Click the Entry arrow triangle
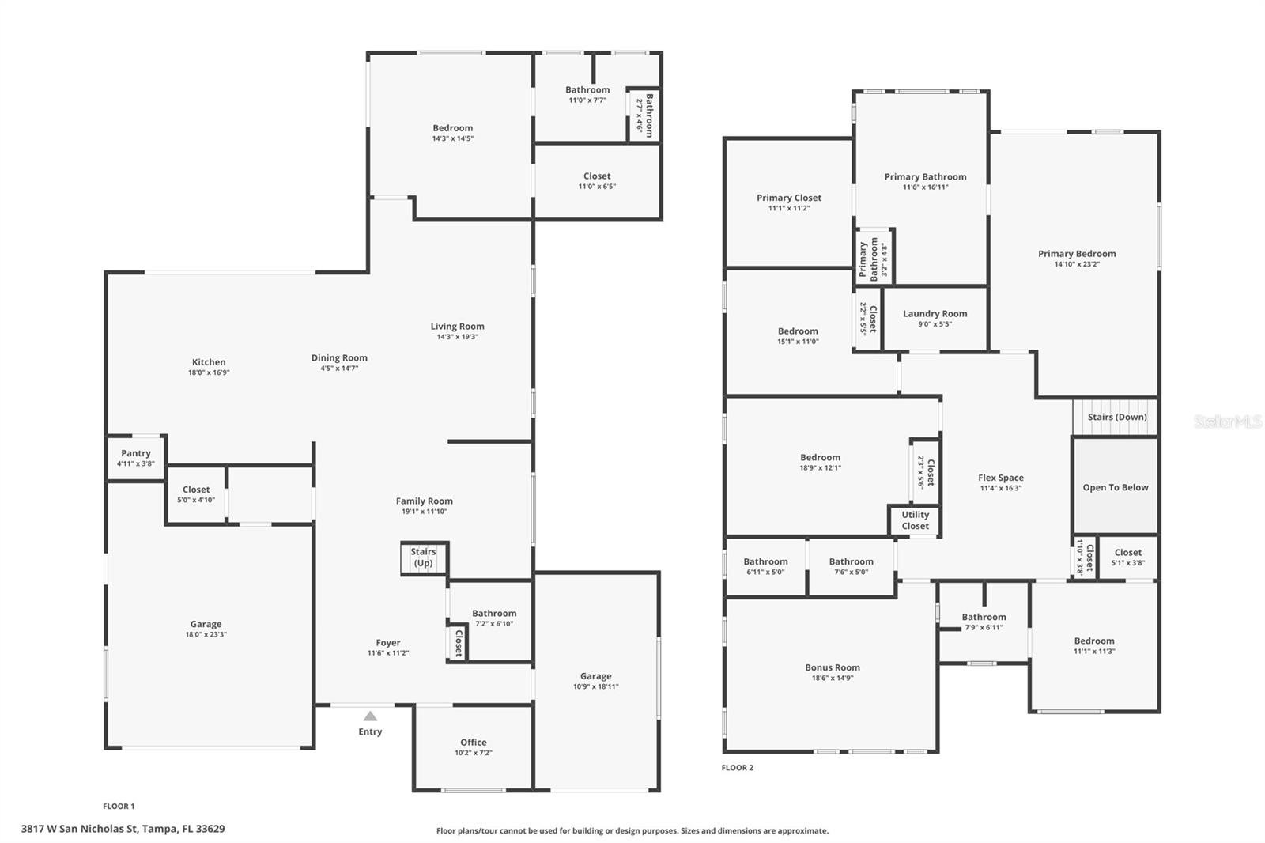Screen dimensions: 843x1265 [370, 716]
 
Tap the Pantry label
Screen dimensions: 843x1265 [136, 453]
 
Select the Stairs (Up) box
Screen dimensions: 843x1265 [424, 558]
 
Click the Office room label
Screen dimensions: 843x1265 [474, 742]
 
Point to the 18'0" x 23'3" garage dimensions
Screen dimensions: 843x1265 [206, 634]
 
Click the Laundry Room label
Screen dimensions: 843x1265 [935, 313]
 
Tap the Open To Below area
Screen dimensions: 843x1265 [1115, 487]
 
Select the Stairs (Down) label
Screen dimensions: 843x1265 [1116, 417]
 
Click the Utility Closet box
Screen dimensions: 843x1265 [915, 520]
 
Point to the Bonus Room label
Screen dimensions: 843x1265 [832, 667]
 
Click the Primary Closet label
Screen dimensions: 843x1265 [788, 198]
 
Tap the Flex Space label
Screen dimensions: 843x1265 [1000, 477]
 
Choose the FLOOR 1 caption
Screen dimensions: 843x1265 [119, 806]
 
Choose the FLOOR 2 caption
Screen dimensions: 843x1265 [737, 767]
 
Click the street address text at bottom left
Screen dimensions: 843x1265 [123, 829]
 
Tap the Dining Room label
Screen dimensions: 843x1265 [339, 357]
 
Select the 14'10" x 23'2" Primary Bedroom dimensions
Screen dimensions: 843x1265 [1077, 264]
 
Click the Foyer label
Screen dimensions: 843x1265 [387, 642]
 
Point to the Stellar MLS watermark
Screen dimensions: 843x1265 [1227, 421]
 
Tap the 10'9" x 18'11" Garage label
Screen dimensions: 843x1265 [595, 686]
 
